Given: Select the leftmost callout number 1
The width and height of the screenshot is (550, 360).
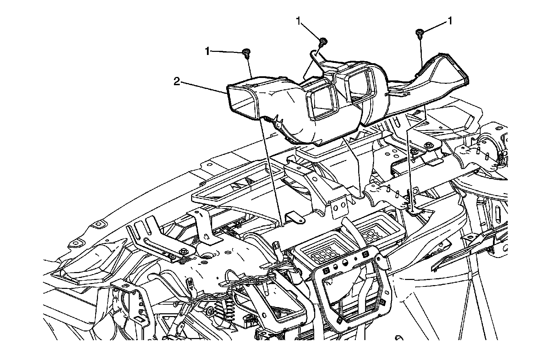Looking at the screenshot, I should pyautogui.click(x=207, y=52).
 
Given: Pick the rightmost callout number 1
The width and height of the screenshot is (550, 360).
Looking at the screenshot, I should pyautogui.click(x=449, y=21).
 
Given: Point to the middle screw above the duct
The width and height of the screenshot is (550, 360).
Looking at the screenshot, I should pyautogui.click(x=323, y=42).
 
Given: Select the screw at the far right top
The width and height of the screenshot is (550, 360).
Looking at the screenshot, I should pyautogui.click(x=420, y=33).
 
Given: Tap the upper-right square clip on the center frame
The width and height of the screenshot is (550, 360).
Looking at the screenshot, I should pyautogui.click(x=366, y=254).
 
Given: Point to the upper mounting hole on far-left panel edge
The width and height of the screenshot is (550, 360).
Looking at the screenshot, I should pyautogui.click(x=100, y=224).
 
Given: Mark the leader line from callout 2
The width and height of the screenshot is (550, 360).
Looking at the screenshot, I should pyautogui.click(x=203, y=87).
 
